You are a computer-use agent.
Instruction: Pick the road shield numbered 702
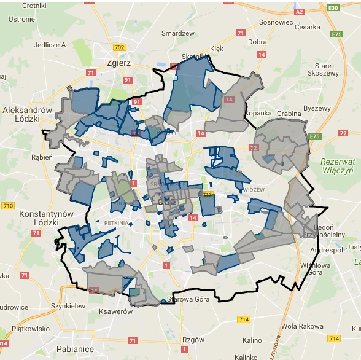[118, 47]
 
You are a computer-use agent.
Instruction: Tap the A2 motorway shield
[299, 12]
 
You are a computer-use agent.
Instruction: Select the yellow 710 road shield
[8, 205]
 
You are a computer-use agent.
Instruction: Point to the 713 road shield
[208, 195]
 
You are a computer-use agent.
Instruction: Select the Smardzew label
[177, 33]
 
